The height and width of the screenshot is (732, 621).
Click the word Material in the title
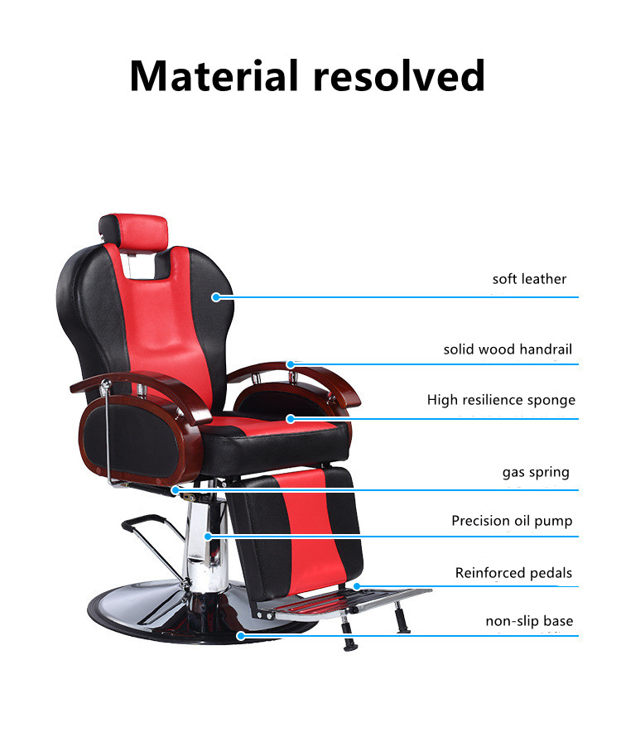click(x=214, y=75)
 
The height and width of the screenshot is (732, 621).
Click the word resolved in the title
click(x=399, y=75)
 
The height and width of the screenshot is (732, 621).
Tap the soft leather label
click(x=529, y=279)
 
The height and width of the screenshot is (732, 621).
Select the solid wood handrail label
click(x=508, y=349)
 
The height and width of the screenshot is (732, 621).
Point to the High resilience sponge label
click(x=501, y=401)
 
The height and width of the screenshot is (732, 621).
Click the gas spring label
click(x=536, y=473)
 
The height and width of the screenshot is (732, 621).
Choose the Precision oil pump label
click(x=512, y=521)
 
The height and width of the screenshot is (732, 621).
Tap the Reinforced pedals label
click(x=513, y=573)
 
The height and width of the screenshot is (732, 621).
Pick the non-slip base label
click(x=529, y=621)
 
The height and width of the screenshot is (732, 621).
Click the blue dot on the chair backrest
click(x=216, y=297)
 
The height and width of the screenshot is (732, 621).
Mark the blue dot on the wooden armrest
click(x=291, y=364)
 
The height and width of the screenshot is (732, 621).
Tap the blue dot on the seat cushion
click(x=291, y=419)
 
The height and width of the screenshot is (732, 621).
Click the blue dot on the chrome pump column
click(x=209, y=537)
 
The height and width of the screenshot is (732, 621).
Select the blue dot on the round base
click(x=240, y=635)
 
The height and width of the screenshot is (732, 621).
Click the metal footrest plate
click(x=343, y=603)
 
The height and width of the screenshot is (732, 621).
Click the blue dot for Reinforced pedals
click(x=357, y=586)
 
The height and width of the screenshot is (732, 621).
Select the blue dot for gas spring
click(x=175, y=490)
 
